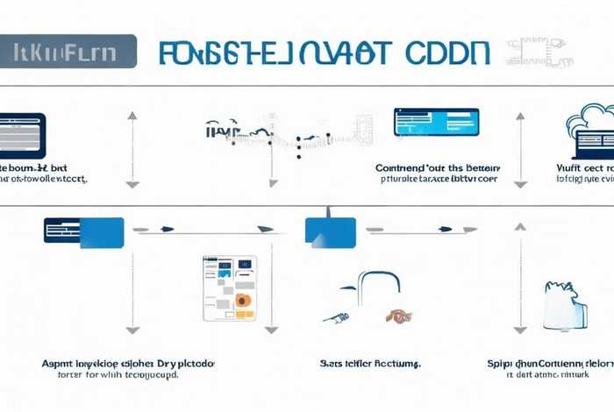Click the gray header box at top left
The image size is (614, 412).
point(68,51)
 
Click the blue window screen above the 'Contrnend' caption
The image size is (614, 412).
point(437,122)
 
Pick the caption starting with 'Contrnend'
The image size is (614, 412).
point(437,172)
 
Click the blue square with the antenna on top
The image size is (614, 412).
point(330,231)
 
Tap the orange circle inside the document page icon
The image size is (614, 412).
point(243,301)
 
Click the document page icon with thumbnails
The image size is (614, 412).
point(230,288)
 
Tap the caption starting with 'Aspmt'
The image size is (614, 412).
point(128,366)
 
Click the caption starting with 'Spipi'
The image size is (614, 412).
point(550,366)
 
